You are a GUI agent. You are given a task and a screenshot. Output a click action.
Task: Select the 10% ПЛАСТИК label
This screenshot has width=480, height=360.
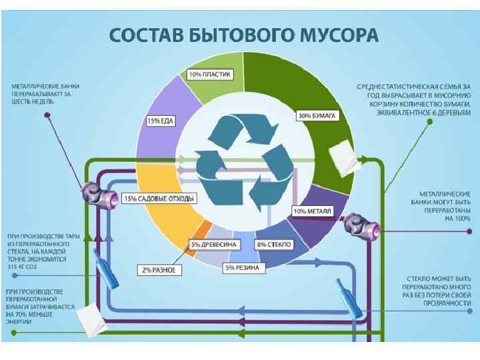[x=210, y=74]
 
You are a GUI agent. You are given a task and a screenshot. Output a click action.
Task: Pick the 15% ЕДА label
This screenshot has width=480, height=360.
[x=161, y=121]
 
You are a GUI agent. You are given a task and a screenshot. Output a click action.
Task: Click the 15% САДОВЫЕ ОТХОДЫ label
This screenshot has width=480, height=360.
[x=159, y=199]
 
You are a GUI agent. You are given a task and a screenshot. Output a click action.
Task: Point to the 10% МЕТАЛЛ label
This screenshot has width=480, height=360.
[x=313, y=212]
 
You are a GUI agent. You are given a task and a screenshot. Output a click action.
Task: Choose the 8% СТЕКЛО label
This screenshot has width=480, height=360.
[x=274, y=245]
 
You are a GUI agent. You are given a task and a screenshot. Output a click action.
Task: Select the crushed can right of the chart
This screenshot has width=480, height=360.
[x=363, y=227]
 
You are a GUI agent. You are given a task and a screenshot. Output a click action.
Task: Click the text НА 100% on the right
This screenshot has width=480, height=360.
[x=458, y=218]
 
